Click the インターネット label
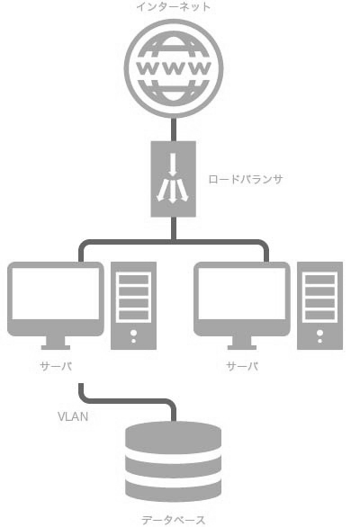pyautogui.click(x=174, y=6)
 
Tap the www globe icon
pyautogui.click(x=174, y=68)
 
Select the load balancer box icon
pyautogui.click(x=174, y=179)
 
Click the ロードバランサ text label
pyautogui.click(x=246, y=179)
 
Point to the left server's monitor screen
pyautogui.click(x=56, y=293)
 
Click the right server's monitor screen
pyautogui.click(x=242, y=293)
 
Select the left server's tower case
pyautogui.click(x=133, y=306)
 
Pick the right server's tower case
pyautogui.click(x=320, y=306)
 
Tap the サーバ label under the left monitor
pyautogui.click(x=56, y=366)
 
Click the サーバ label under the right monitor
pyautogui.click(x=242, y=366)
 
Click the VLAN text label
pyautogui.click(x=73, y=416)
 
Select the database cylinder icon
pyautogui.click(x=174, y=460)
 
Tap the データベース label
pyautogui.click(x=174, y=520)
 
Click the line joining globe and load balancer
pyautogui.click(x=174, y=130)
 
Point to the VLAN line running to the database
pyautogui.click(x=128, y=401)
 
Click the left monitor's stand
pyautogui.click(x=56, y=343)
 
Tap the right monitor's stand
pyautogui.click(x=242, y=343)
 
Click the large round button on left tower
pyautogui.click(x=133, y=333)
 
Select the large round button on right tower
pyautogui.click(x=320, y=333)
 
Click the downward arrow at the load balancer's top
pyautogui.click(x=173, y=165)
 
